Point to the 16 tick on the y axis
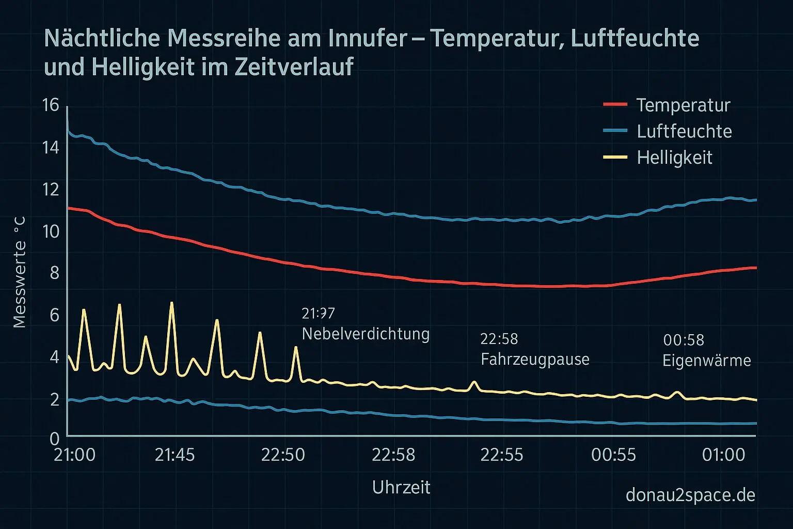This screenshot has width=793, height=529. (51, 105)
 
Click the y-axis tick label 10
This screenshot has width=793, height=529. (51, 231)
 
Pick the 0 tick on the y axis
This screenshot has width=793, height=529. (55, 439)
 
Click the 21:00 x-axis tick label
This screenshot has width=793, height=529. (75, 455)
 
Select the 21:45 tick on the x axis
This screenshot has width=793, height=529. (175, 455)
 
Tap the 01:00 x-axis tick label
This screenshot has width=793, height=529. (723, 455)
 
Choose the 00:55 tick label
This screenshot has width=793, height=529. (613, 455)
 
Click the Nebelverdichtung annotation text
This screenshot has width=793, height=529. (366, 334)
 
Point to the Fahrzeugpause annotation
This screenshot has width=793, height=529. (535, 359)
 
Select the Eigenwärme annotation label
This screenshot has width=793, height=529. (706, 360)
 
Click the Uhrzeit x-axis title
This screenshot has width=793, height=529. (401, 487)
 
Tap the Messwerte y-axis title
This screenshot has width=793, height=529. (20, 272)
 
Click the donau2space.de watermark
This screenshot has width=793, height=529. (690, 495)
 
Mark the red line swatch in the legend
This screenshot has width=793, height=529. (615, 105)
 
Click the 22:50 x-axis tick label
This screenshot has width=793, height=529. (283, 455)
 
